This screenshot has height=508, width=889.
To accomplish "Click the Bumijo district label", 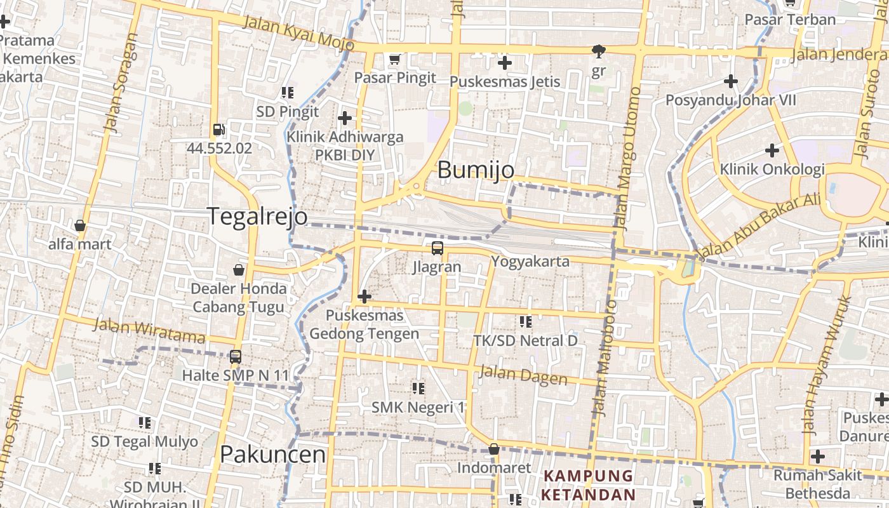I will (x=476, y=170).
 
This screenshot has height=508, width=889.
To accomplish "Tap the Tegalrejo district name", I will (x=258, y=217).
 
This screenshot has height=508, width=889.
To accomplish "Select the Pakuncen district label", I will (x=272, y=455).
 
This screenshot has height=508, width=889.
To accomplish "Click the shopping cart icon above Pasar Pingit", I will (x=395, y=60).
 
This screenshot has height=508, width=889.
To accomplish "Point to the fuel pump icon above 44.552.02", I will (x=219, y=130).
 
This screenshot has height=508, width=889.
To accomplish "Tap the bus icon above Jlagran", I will (x=437, y=248).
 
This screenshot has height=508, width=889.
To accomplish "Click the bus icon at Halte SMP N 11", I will (x=236, y=357).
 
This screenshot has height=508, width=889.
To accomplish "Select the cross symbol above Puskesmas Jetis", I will (x=505, y=63).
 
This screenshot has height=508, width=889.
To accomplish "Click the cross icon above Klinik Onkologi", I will (x=772, y=150).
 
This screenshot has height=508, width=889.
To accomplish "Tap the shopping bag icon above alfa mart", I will (x=80, y=225).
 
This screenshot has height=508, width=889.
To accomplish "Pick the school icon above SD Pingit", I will (x=288, y=93).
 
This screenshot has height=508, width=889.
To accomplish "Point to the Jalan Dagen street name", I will (x=523, y=375).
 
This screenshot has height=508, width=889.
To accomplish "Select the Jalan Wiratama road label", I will (x=150, y=331).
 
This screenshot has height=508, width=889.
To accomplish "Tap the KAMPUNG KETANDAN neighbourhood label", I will (x=589, y=485).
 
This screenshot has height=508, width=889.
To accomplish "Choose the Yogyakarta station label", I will (x=530, y=262).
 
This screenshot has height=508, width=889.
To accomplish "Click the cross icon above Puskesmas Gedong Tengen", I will (x=364, y=296).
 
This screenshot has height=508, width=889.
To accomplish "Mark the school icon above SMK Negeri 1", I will (x=418, y=388).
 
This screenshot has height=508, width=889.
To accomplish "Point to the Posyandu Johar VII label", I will (x=730, y=100).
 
